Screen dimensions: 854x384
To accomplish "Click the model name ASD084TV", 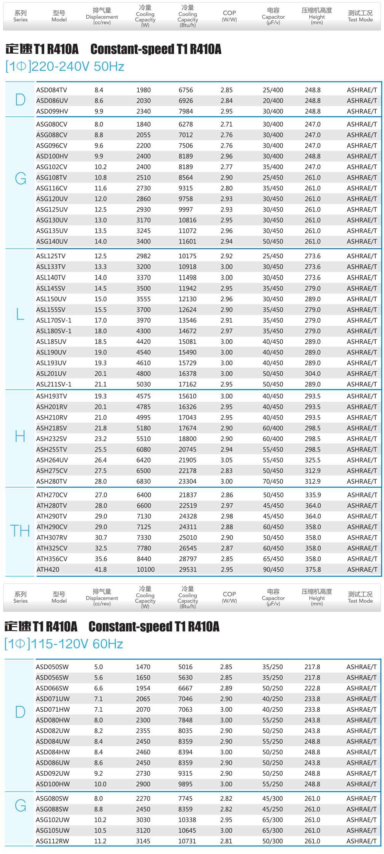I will [x=51, y=90].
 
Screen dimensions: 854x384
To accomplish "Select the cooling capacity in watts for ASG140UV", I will [x=144, y=242].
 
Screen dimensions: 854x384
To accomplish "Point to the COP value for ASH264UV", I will [x=226, y=460].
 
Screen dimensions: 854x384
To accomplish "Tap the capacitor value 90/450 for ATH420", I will [x=273, y=569].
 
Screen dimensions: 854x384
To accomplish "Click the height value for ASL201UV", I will [x=313, y=374].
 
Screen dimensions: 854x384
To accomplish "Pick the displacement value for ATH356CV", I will [x=101, y=559].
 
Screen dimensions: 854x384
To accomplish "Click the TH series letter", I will [x=20, y=531].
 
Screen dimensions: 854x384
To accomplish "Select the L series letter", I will [x=20, y=314].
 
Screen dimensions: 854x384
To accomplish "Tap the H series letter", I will [x=20, y=436].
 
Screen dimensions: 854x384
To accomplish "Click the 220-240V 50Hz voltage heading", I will [x=65, y=67].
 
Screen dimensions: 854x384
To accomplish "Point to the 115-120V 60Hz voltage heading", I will [x=64, y=644].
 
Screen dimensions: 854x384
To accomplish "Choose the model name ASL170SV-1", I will [x=54, y=320].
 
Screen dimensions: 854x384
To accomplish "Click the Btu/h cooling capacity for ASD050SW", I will [x=186, y=667].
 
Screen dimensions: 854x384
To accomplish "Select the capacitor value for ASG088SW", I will [x=273, y=809].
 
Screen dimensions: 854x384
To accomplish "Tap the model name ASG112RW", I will [x=53, y=841].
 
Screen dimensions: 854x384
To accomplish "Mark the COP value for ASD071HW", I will [x=226, y=709].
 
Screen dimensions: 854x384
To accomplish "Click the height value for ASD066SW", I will [x=312, y=688].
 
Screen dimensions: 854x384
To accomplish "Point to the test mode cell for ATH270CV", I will [x=362, y=495].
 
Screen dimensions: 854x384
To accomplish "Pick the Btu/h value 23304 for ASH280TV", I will [x=187, y=481].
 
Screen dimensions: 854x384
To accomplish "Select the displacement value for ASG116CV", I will [x=101, y=188].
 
